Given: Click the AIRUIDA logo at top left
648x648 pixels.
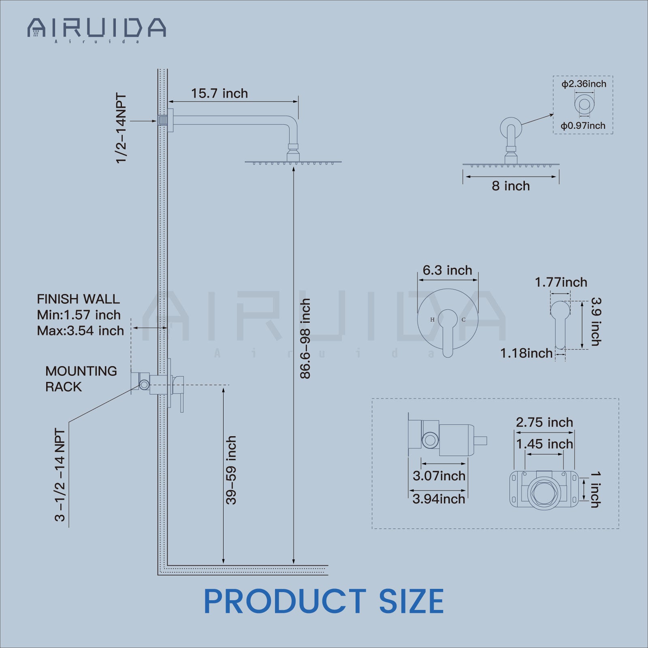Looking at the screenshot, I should point(96,28).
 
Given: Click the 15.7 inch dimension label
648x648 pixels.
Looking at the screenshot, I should point(219,94).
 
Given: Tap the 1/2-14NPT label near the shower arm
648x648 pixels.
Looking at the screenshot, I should point(121,128).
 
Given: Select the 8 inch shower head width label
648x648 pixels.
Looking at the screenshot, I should point(510,186).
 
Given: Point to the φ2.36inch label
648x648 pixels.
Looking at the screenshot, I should point(583,84).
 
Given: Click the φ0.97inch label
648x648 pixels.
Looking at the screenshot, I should point(582,126).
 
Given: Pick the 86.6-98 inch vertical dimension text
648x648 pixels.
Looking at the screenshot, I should point(305,339).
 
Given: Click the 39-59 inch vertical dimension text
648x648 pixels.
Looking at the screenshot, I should point(231,470).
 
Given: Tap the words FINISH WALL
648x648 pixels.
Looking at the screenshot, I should point(78,299).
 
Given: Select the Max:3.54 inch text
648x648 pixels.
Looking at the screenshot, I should point(80,330).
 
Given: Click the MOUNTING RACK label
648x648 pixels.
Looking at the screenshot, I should point(81,379).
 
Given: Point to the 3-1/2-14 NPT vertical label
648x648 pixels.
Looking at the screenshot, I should point(60,475).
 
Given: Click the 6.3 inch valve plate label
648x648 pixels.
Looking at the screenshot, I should point(447,270).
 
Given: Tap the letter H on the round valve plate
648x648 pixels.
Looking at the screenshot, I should point(432,320).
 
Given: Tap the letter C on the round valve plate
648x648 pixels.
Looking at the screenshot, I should point(463,320).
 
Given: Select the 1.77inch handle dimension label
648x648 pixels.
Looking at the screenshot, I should point(561,282).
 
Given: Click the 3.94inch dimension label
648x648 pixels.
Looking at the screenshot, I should point(439,499).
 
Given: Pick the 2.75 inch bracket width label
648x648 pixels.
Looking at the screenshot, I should point(544,422).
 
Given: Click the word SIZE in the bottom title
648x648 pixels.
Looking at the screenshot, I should point(411,601).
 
